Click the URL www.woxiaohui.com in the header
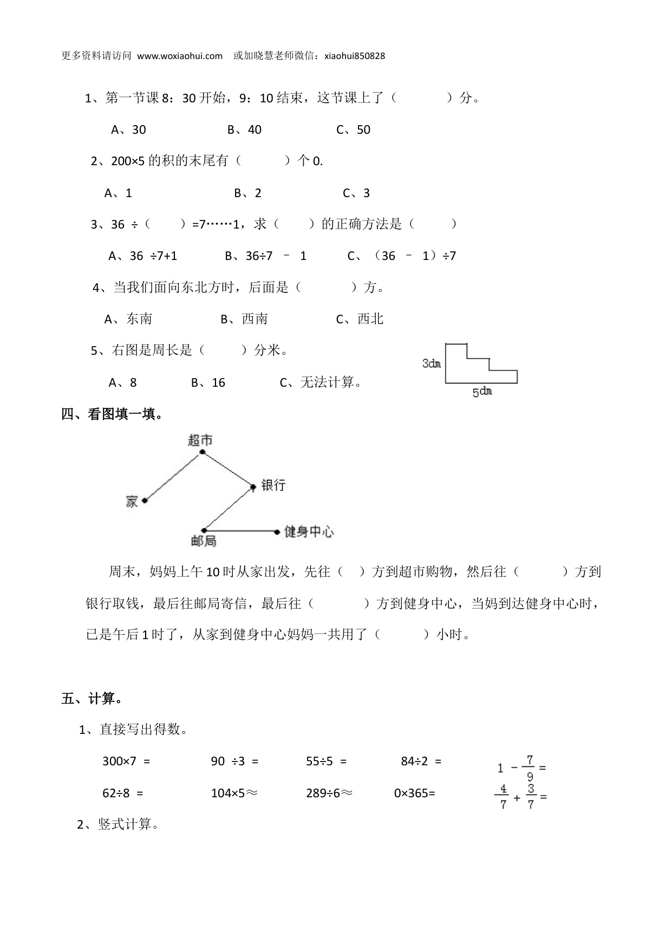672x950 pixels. click(180, 56)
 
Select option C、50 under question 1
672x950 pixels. click(353, 130)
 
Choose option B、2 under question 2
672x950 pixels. click(247, 193)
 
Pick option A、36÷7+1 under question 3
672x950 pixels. click(143, 256)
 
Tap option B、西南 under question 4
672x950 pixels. click(244, 320)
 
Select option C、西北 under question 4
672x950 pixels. click(360, 320)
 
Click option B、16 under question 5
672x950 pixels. click(208, 383)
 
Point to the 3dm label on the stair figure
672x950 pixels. click(432, 363)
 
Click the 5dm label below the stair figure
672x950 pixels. click(482, 391)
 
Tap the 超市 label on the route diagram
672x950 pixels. click(200, 440)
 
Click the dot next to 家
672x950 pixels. click(145, 500)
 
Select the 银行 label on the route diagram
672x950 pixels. click(273, 485)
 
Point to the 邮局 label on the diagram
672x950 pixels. click(204, 541)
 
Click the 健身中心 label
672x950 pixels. click(309, 532)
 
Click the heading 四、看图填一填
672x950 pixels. click(112, 414)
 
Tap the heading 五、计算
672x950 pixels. click(92, 699)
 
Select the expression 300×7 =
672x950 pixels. click(126, 762)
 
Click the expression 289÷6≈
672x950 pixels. click(329, 793)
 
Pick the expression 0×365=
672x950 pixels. click(414, 793)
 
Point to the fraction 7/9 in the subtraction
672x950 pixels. click(530, 768)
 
